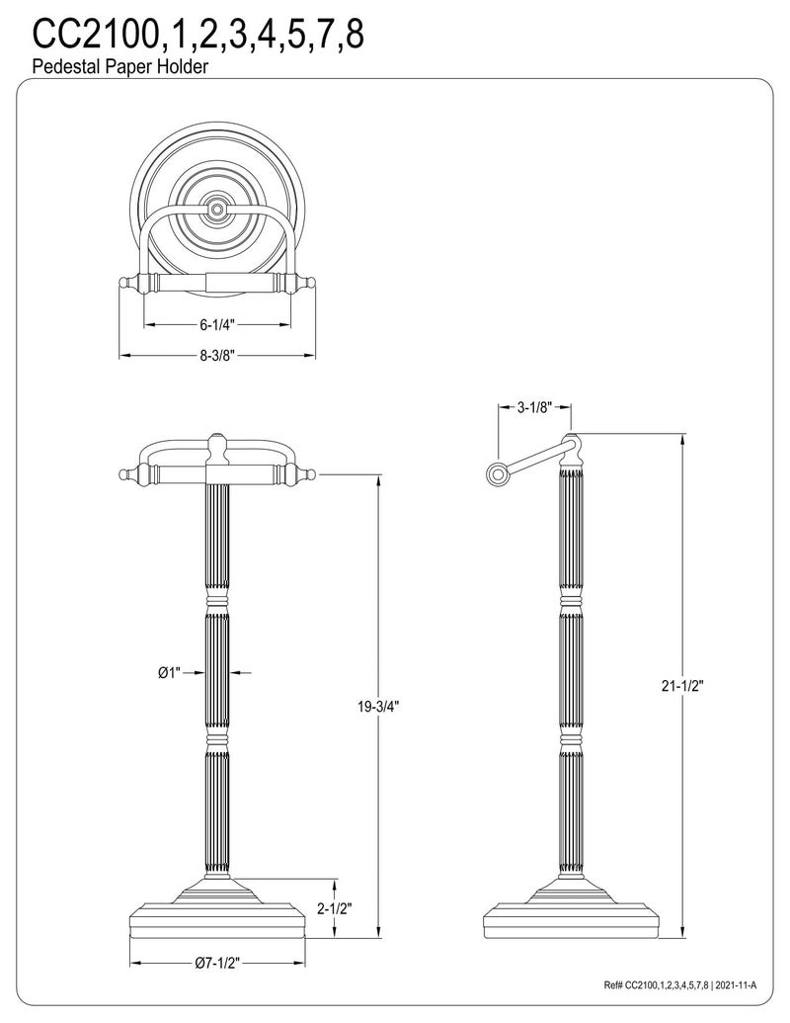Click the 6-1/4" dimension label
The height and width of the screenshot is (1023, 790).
[x=217, y=324]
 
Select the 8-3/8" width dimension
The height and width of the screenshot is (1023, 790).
[x=217, y=356]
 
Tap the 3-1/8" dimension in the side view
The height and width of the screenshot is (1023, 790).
[x=534, y=408]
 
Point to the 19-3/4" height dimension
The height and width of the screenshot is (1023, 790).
[x=378, y=706]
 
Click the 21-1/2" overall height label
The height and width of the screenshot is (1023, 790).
[x=683, y=686]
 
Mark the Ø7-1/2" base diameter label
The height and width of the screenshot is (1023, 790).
[x=217, y=963]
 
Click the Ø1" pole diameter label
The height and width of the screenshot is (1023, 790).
[x=169, y=673]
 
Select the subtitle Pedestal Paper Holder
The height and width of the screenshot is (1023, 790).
[x=119, y=66]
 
